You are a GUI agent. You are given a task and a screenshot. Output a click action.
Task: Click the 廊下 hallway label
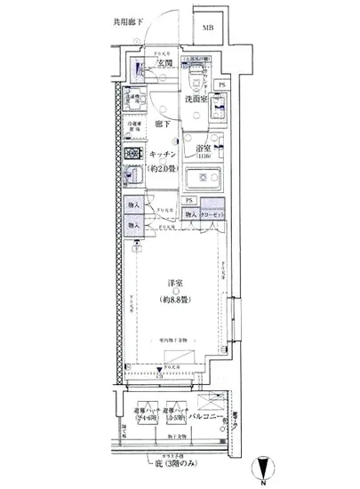[162, 125]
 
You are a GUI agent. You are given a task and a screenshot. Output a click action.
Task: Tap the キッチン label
[162, 155]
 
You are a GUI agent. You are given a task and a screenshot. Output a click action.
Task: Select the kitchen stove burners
[132, 154]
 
